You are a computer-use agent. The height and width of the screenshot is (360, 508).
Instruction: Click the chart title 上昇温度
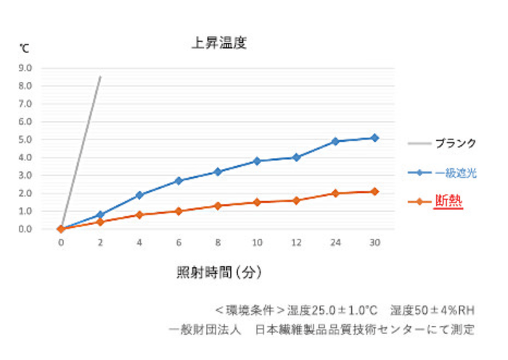219,43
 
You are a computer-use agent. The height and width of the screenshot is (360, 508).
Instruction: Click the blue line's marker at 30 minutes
374,138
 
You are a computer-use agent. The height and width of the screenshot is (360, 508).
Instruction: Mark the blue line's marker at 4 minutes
139,195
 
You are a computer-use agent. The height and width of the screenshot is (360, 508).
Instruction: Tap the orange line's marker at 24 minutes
335,193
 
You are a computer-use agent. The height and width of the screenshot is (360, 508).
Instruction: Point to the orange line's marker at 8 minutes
218,205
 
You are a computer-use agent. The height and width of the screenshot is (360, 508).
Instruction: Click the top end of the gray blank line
100,75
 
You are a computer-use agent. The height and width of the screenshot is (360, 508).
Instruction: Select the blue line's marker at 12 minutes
296,157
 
